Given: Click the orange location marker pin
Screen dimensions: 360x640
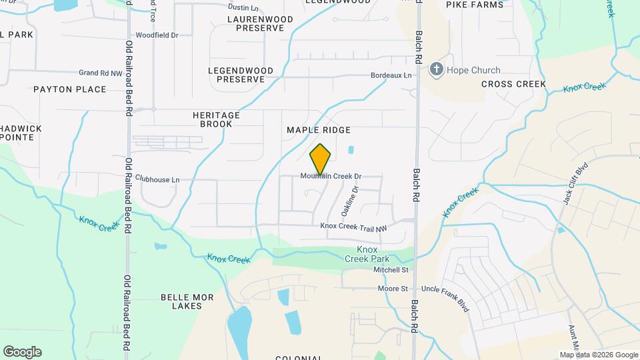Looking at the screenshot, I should [x=321, y=159].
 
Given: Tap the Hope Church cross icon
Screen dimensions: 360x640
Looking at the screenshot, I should [x=436, y=69].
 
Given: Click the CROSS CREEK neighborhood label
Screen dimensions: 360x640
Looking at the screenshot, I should [x=513, y=84].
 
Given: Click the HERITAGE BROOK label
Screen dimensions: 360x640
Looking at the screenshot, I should [x=217, y=119].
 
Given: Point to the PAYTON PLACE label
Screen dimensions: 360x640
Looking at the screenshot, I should [x=70, y=89].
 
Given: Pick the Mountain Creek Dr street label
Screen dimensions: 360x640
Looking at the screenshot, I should [x=331, y=177].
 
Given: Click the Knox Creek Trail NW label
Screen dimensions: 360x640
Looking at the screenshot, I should [x=353, y=227].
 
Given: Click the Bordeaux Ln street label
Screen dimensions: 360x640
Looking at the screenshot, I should [x=391, y=76].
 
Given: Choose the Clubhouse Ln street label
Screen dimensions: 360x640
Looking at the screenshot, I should [x=157, y=179].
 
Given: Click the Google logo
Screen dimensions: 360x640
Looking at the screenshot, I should [x=22, y=352].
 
